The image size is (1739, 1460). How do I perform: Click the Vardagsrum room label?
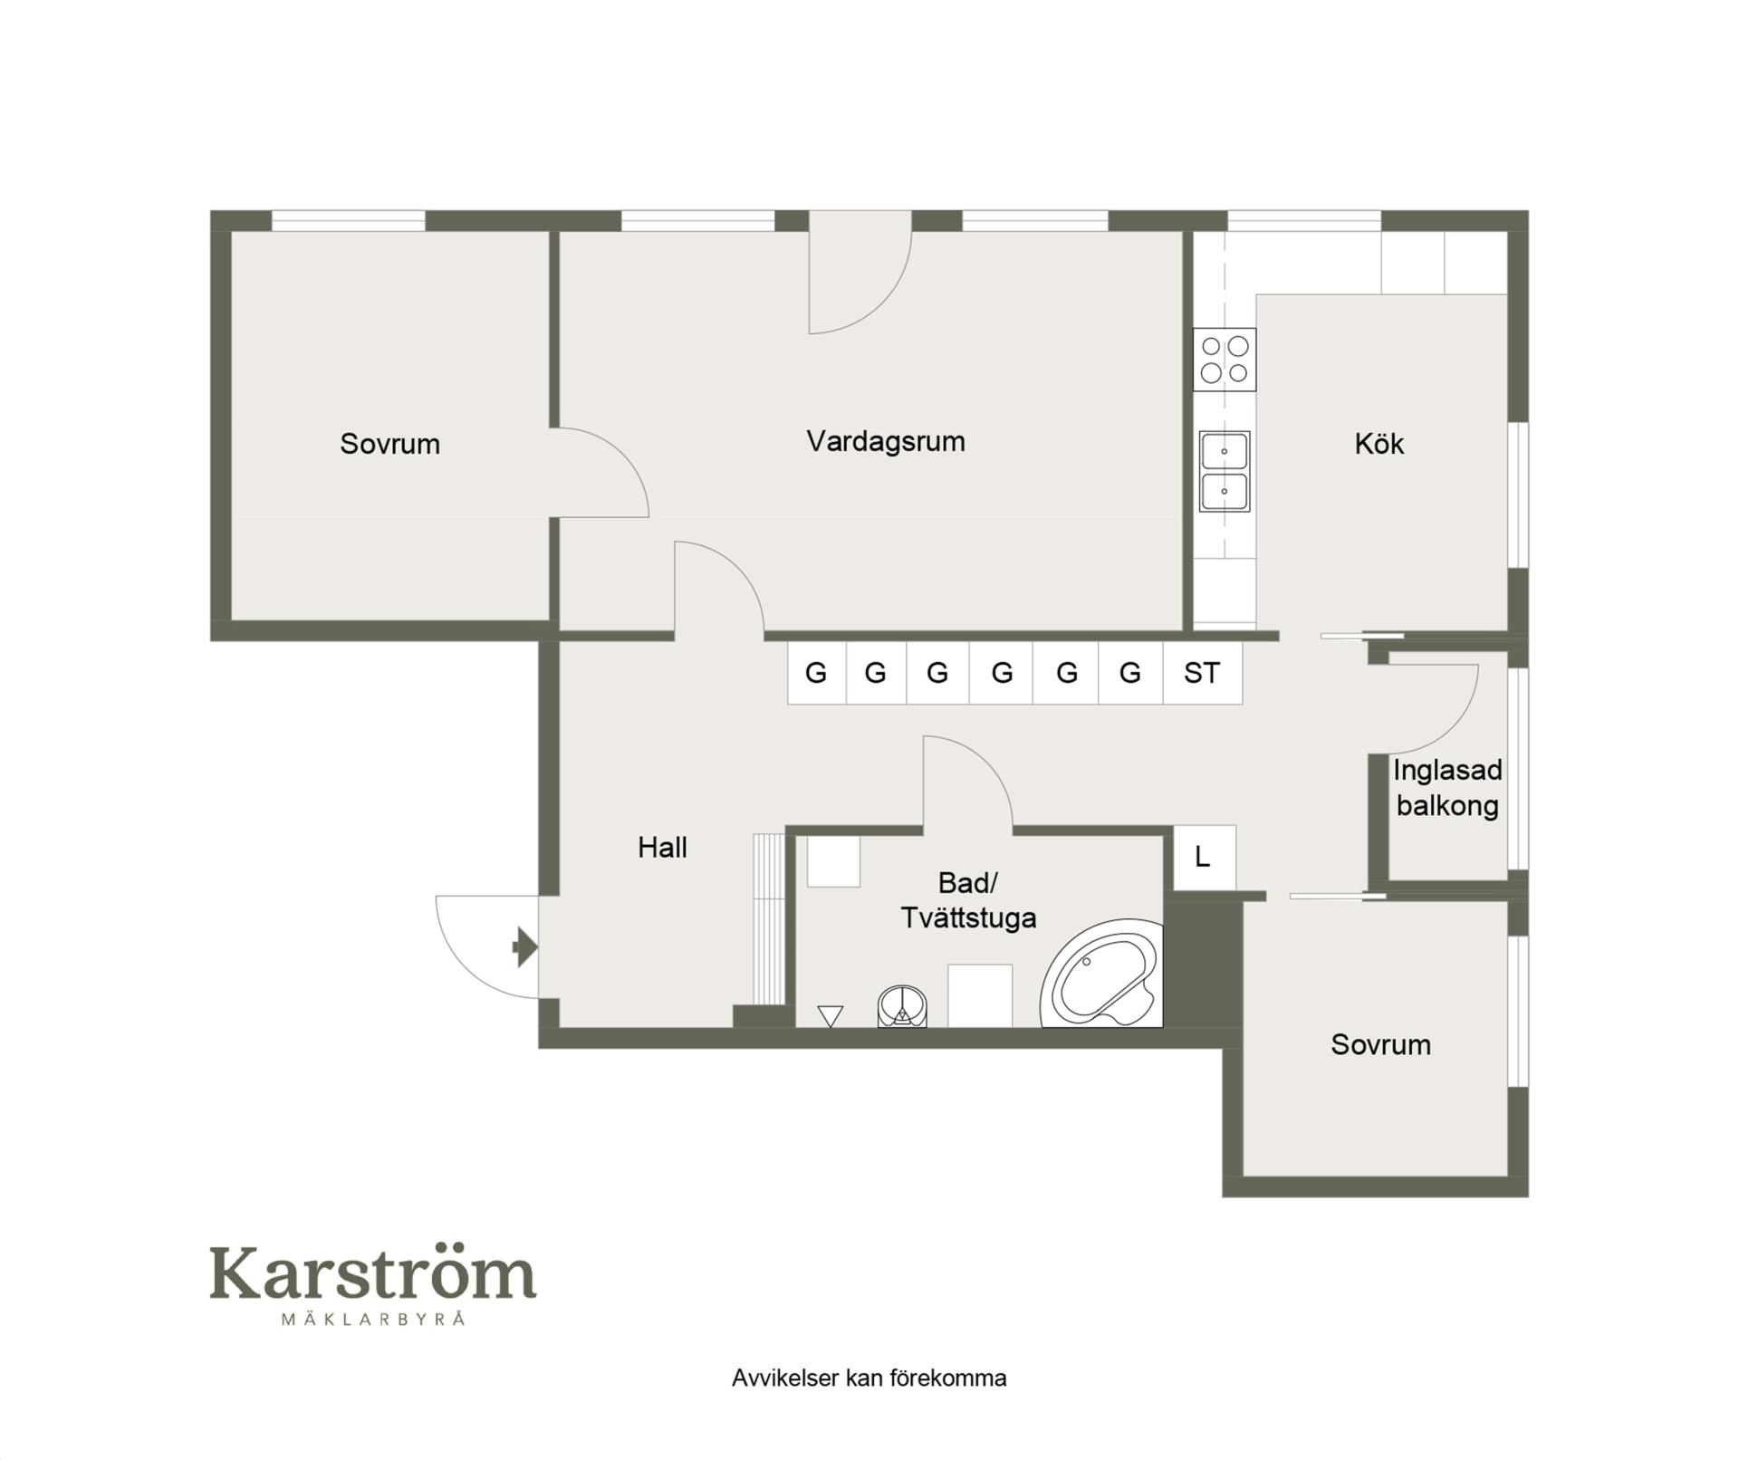885,442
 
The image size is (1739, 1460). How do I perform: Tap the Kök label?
1379,444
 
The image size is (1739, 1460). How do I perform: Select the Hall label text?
662,848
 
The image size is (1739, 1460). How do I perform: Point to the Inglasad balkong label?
1447,788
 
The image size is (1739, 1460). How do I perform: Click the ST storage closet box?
1202,673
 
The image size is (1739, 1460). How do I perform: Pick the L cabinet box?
1205,857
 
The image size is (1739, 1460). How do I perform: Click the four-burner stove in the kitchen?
1225,360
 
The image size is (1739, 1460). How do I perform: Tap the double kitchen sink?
1225,471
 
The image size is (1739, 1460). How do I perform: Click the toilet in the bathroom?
902,1006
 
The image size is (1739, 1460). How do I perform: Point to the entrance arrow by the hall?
524,947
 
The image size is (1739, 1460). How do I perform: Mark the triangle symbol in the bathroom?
830,1016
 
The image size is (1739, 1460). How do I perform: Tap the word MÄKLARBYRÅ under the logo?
373,1319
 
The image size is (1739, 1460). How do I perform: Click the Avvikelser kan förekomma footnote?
869,1378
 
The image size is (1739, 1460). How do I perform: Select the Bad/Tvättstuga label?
967,899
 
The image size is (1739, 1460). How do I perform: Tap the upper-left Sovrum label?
389,444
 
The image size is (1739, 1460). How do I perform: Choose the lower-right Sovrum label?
1380,1044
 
